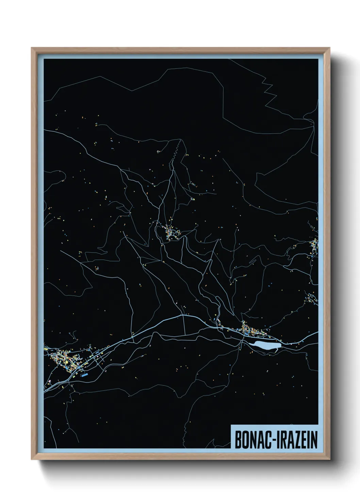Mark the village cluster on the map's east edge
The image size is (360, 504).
pos(314,245)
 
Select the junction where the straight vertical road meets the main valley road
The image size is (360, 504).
pos(184,316)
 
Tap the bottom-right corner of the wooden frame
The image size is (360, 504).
pos(329,458)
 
